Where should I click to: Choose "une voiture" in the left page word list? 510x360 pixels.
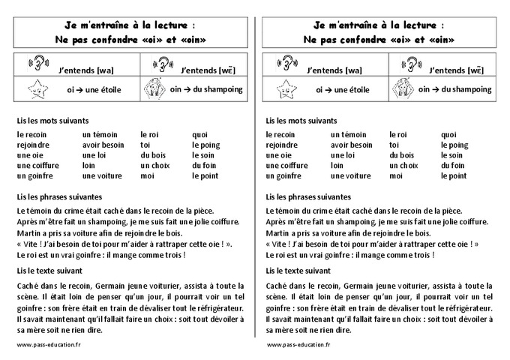pyautogui.click(x=101, y=176)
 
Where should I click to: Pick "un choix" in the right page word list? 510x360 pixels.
pyautogui.click(x=403, y=166)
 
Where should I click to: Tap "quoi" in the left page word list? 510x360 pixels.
pyautogui.click(x=199, y=134)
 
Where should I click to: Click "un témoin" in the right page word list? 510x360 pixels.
pyautogui.click(x=349, y=134)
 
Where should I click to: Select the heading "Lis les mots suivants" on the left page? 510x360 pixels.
pyautogui.click(x=52, y=120)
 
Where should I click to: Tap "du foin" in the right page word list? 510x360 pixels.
pyautogui.click(x=453, y=166)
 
